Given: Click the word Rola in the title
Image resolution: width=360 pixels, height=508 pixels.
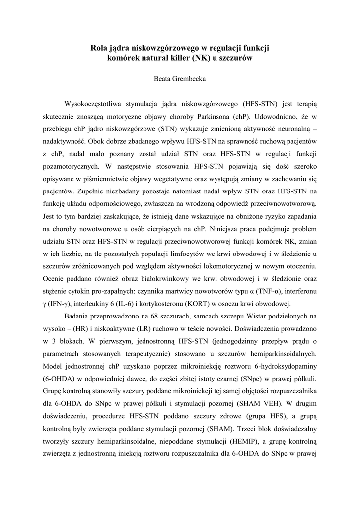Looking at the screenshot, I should click(99, 48).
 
